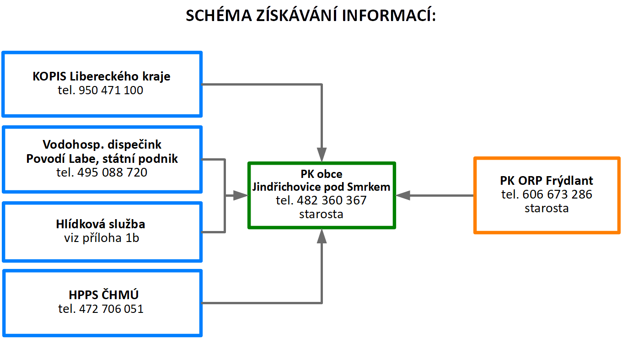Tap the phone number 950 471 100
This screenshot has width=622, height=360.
tap(111, 90)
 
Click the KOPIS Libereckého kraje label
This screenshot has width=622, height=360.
tap(102, 76)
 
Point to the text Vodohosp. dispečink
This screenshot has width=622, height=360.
tap(102, 145)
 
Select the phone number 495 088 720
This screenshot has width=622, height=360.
tap(112, 172)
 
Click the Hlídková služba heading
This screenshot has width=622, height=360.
tap(101, 224)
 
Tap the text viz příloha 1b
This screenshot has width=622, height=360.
tap(102, 238)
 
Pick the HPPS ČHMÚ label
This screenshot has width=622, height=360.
tap(103, 295)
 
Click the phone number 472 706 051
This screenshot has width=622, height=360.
tap(111, 309)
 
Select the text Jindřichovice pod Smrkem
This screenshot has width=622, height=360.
tap(321, 187)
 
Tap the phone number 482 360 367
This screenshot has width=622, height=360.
tap(332, 200)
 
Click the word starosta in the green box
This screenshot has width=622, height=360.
tap(321, 214)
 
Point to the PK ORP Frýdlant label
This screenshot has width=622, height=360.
tap(547, 181)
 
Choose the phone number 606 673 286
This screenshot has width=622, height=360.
tap(558, 194)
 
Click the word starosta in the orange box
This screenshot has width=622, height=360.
tap(547, 208)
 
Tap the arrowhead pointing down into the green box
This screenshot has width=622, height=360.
tap(322, 155)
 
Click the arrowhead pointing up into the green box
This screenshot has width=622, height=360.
tap(322, 236)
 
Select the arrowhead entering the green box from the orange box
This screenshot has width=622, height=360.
tap(403, 196)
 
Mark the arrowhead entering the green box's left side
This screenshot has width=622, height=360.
tap(241, 196)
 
